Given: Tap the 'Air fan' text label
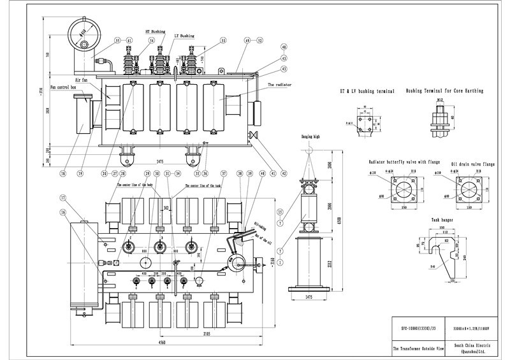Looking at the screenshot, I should tap(81, 80).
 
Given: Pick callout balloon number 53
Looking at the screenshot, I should tap(223, 40).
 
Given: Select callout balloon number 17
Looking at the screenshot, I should tap(63, 197).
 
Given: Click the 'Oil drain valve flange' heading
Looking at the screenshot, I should tap(472, 163).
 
